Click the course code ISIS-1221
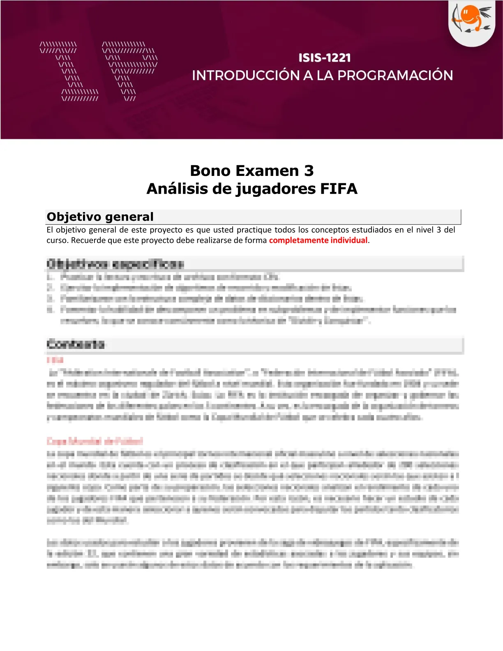pos(325,58)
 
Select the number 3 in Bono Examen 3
pos(309,171)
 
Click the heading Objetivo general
pos(100,217)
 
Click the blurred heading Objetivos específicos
pos(115,263)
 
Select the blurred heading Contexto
pos(76,344)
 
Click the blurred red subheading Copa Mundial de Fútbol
pos(95,441)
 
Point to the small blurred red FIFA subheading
pos(55,360)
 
